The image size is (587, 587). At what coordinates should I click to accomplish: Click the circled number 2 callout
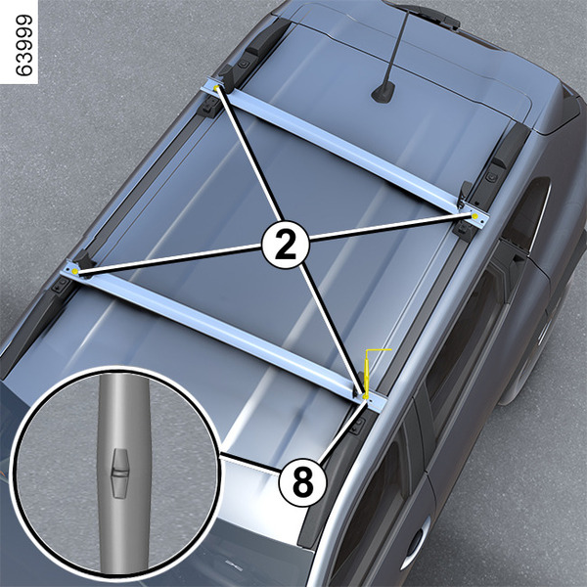point(286,245)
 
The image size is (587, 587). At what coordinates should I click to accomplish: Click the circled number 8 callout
point(302,483)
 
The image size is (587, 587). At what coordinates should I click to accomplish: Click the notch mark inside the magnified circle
point(120,474)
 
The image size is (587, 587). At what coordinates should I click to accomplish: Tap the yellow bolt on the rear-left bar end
point(217,88)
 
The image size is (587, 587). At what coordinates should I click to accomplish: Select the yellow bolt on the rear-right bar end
point(474,216)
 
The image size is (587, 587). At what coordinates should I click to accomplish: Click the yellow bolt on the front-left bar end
point(75,271)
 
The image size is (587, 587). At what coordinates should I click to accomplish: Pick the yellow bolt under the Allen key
point(365,395)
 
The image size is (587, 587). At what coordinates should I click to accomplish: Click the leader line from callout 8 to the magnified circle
point(249,463)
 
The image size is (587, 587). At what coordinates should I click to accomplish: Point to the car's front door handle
point(416,543)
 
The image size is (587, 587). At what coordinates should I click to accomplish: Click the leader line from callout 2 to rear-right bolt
point(390,227)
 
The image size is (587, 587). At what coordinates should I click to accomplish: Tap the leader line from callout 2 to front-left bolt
point(169,258)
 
